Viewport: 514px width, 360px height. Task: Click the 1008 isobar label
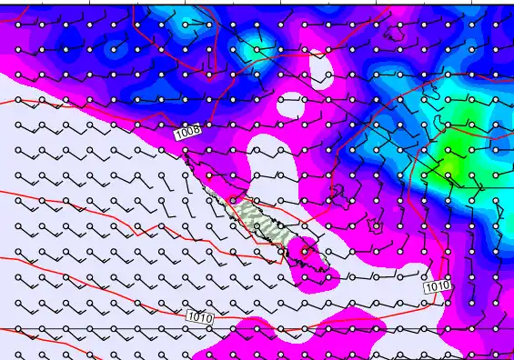tap(187, 133)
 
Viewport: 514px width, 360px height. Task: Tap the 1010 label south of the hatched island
tap(199, 316)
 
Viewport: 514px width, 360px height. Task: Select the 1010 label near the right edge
tap(437, 286)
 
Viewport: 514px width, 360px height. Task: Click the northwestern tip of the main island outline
tap(187, 156)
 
